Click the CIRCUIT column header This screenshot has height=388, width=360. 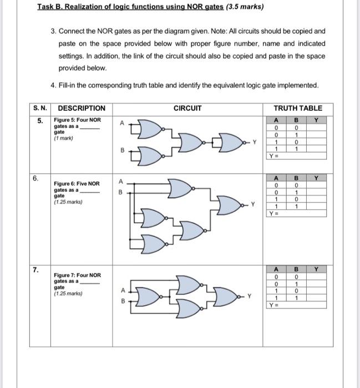(187, 108)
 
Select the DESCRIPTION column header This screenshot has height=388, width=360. (82, 108)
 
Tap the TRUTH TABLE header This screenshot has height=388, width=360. (297, 108)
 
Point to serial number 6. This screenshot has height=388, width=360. (36, 178)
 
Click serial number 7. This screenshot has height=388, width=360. (36, 270)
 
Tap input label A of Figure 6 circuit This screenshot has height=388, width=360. (119, 181)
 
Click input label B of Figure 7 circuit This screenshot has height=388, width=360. (123, 303)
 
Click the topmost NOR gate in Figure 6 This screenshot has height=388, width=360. (179, 188)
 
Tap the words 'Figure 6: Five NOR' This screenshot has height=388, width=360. (77, 183)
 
